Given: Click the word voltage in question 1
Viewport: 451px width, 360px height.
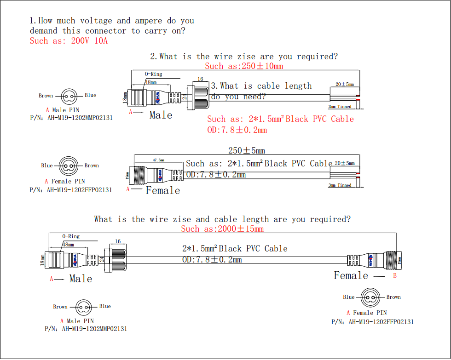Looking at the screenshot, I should (96, 21).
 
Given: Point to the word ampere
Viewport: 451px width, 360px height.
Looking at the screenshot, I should (149, 21).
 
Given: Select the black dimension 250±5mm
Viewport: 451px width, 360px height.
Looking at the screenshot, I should (247, 150).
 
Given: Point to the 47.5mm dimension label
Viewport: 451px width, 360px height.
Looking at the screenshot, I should (158, 160).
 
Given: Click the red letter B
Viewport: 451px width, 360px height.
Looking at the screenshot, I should (395, 276).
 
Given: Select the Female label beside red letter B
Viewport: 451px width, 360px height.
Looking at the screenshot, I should (351, 275).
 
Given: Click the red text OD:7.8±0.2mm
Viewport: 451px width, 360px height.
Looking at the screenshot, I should (237, 130).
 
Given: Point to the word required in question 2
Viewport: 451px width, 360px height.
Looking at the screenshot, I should (317, 57).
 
